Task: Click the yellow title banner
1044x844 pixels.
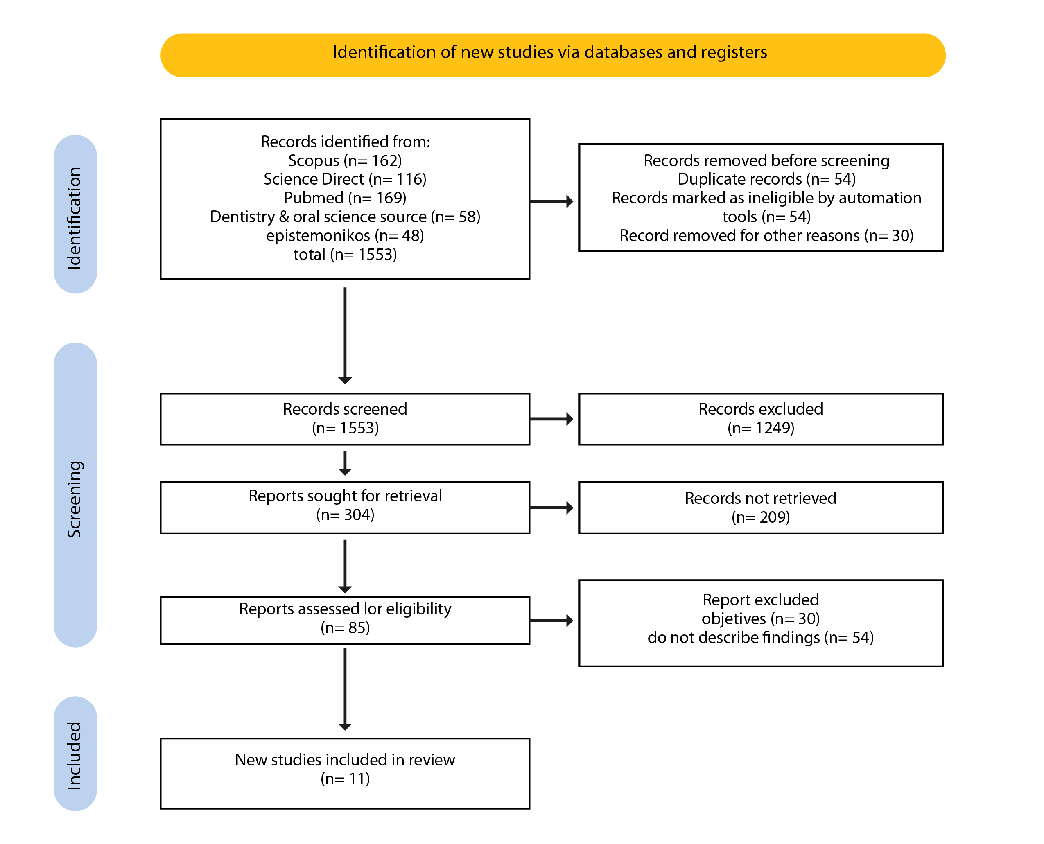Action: coord(552,55)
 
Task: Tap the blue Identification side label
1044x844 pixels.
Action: coord(75,214)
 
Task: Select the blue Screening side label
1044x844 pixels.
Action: coord(75,495)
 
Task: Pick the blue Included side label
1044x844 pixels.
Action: coord(75,754)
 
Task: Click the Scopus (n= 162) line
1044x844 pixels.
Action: coord(345,160)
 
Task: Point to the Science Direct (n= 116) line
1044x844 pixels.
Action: coord(345,179)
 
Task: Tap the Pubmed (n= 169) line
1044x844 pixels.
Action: coord(345,198)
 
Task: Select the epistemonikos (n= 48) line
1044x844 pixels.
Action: coord(345,236)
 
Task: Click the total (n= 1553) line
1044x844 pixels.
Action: coord(345,254)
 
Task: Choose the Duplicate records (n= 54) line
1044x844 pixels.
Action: coord(766,179)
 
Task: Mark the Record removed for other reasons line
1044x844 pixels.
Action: coord(766,236)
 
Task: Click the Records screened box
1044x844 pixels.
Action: coord(345,419)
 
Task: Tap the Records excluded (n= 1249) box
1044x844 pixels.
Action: coord(761,419)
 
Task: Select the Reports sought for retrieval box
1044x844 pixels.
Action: coord(345,508)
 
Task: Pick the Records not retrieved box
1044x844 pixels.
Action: coord(761,508)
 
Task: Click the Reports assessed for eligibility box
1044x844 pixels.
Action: coord(345,621)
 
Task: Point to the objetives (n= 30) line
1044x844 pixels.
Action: coord(761,618)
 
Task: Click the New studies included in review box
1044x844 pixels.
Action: coord(345,774)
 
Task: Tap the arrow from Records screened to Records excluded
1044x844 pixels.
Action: coord(551,419)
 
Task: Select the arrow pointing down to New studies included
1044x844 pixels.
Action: coord(345,689)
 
